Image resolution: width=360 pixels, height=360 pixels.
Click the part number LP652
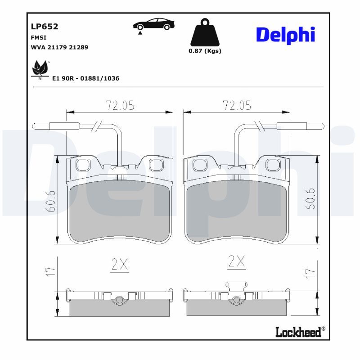[x=44, y=27]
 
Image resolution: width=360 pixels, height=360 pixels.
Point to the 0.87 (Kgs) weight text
[x=205, y=51]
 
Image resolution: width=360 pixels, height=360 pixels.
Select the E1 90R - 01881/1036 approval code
[x=85, y=78]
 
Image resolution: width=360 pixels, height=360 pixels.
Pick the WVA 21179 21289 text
[x=59, y=47]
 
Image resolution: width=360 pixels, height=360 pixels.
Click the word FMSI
[x=38, y=37]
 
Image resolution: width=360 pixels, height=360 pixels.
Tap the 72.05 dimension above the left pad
[x=120, y=105]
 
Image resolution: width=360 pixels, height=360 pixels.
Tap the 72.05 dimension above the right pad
[x=237, y=105]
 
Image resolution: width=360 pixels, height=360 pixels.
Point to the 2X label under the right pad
[x=237, y=261]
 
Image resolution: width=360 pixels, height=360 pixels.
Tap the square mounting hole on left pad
[x=83, y=166]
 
